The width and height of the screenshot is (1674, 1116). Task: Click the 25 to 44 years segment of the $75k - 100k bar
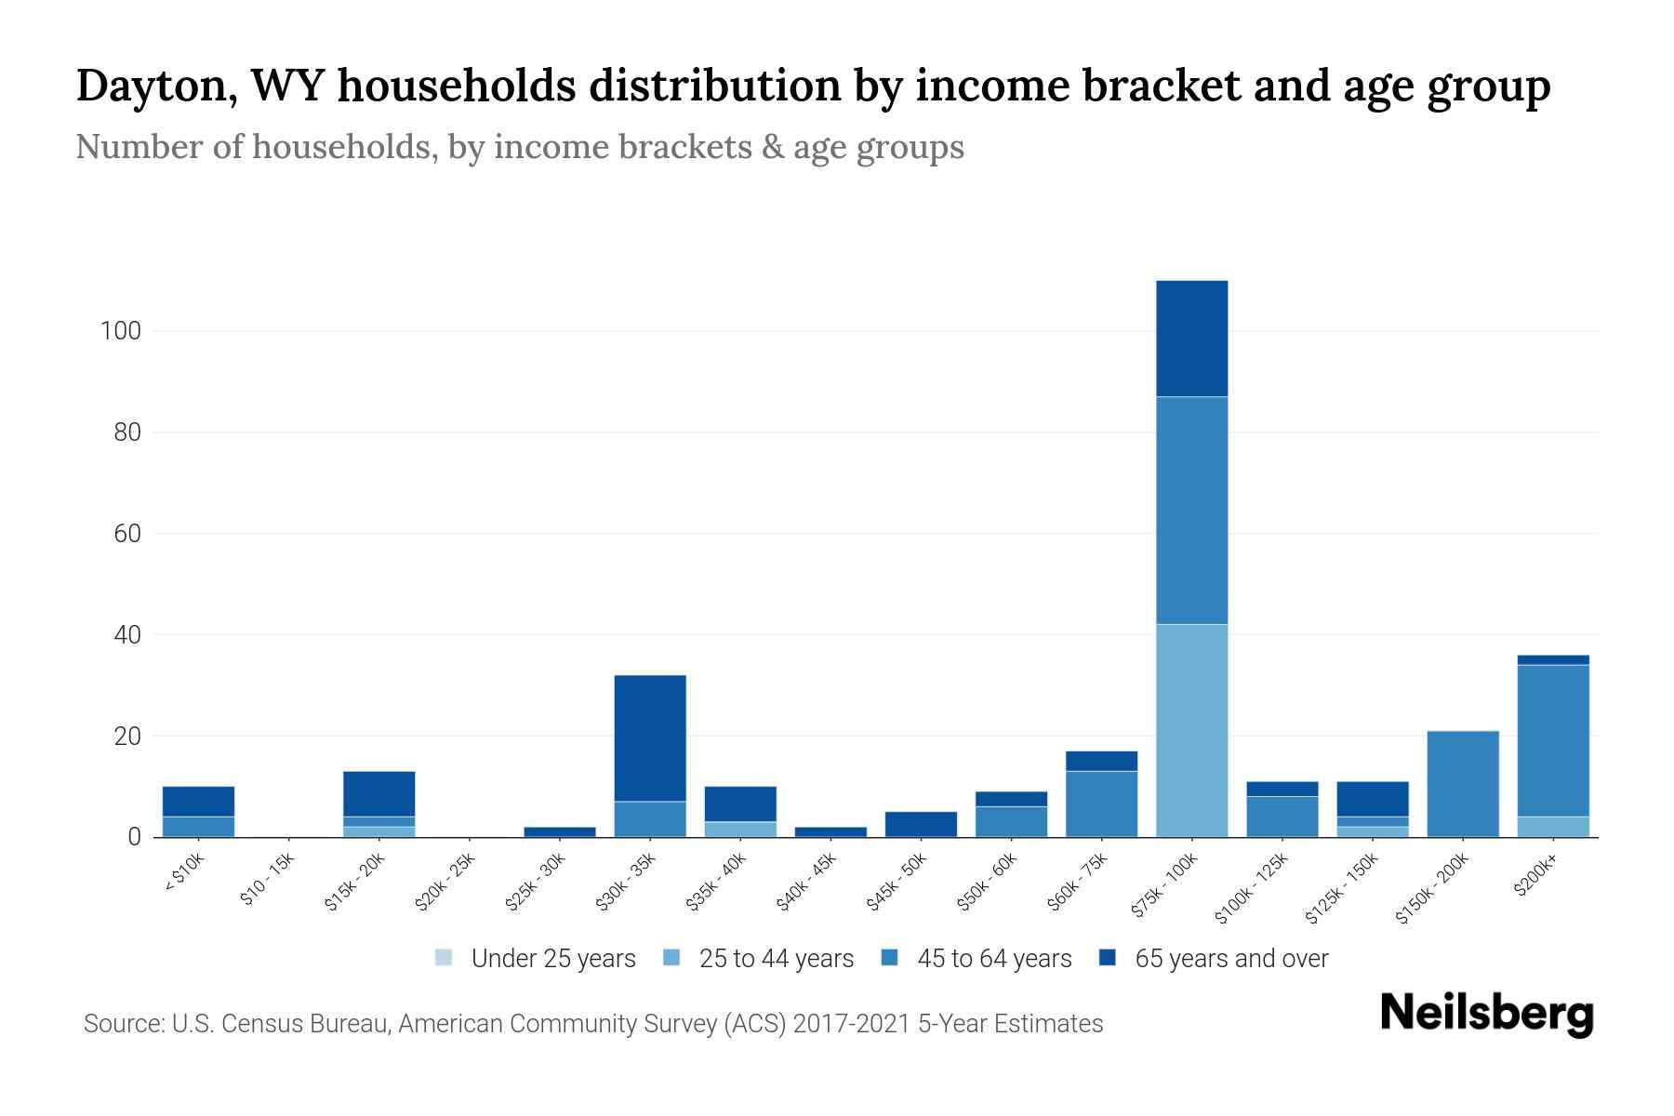click(1191, 730)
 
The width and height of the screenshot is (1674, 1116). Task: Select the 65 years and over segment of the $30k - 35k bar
click(650, 737)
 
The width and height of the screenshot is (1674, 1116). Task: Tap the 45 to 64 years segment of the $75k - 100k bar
click(1191, 510)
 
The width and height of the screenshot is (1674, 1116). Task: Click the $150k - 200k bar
click(1462, 784)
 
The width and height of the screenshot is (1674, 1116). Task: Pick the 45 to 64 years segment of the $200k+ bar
click(1552, 740)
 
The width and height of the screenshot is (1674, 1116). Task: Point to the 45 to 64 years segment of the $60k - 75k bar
click(1101, 804)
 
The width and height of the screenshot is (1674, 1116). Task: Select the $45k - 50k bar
click(921, 824)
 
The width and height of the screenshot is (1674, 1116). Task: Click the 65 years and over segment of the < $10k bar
click(198, 801)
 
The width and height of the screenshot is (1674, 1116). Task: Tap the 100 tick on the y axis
click(120, 331)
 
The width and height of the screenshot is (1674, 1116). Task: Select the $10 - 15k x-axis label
click(267, 880)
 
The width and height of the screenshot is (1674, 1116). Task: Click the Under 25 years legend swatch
click(444, 957)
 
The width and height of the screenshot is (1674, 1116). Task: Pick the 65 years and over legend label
click(1231, 958)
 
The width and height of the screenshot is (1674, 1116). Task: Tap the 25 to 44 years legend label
click(776, 958)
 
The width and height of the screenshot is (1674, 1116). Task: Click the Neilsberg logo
click(1486, 1014)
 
